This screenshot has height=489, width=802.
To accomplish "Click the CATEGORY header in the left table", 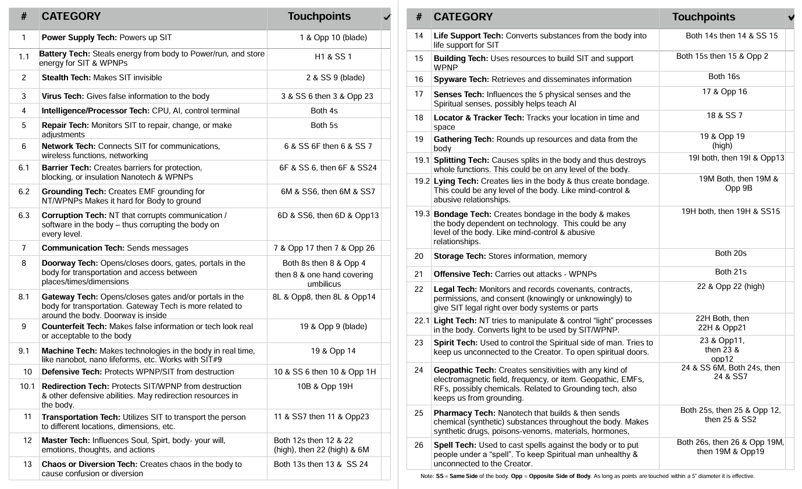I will click(x=71, y=16).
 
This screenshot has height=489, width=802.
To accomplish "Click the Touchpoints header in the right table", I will click(x=703, y=17).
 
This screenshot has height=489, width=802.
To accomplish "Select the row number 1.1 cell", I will click(x=24, y=57).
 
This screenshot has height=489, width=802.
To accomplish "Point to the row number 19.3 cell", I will click(x=422, y=214).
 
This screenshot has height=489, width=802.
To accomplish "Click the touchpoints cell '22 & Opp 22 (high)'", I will click(x=730, y=286).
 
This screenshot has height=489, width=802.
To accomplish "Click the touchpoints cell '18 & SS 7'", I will click(x=724, y=115).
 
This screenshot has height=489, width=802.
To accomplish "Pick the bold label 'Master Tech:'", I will click(x=66, y=440).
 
